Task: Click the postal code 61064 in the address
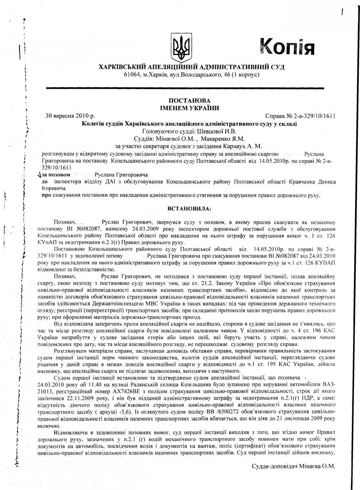click(132, 74)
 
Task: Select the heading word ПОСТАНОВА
click(191, 100)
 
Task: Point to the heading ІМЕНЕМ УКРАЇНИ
click(191, 108)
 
